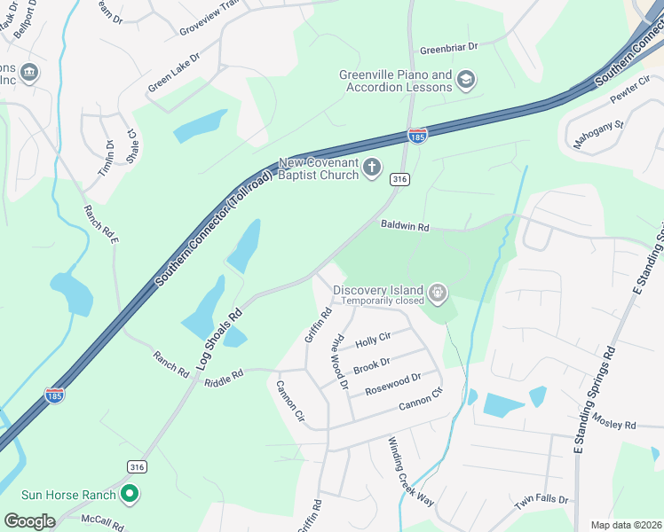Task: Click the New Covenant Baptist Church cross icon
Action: click(x=372, y=168)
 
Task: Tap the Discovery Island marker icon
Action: click(x=437, y=292)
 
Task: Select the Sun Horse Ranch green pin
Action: click(x=130, y=494)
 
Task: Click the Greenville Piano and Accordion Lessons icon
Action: click(x=465, y=82)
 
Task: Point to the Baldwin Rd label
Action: click(x=405, y=227)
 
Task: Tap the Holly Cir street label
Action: click(x=373, y=340)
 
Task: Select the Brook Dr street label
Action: click(x=371, y=364)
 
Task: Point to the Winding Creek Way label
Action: click(x=411, y=472)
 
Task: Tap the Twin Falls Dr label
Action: click(x=541, y=501)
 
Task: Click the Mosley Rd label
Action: click(x=614, y=423)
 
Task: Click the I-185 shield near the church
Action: click(x=417, y=136)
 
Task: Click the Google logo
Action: click(x=29, y=521)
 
